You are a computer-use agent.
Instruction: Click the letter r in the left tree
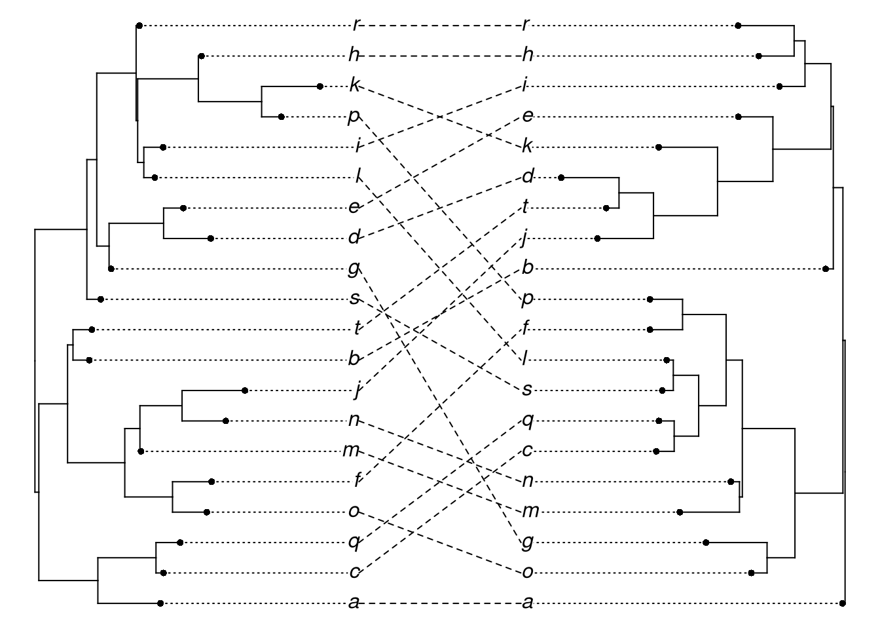pos(355,25)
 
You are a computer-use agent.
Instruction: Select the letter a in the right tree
pos(528,603)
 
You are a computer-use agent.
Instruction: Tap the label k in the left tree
pos(355,85)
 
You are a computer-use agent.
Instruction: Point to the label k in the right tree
pos(528,146)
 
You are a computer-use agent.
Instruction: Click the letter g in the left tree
pos(355,267)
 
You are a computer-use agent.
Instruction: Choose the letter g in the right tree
pos(528,543)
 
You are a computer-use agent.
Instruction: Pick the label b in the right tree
pos(528,268)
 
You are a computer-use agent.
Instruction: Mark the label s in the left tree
pos(355,299)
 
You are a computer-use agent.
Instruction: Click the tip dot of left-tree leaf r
pos(139,26)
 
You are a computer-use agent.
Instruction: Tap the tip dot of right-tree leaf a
pos(842,603)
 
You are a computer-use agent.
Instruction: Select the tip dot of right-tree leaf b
pos(826,269)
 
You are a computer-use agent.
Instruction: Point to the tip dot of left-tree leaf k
pos(320,86)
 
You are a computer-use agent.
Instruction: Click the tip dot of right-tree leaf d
pos(561,177)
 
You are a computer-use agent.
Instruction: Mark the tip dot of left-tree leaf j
pos(245,391)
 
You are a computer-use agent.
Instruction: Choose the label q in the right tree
pos(528,420)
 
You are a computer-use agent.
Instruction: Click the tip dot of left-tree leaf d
pos(211,238)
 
